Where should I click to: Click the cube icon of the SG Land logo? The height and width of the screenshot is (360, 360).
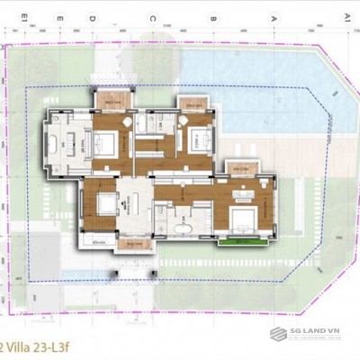pos(279,334)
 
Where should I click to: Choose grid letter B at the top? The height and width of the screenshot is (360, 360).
pos(212,17)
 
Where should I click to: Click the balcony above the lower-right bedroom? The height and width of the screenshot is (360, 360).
pos(240,168)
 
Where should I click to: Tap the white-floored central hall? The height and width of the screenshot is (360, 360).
pos(135,202)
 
